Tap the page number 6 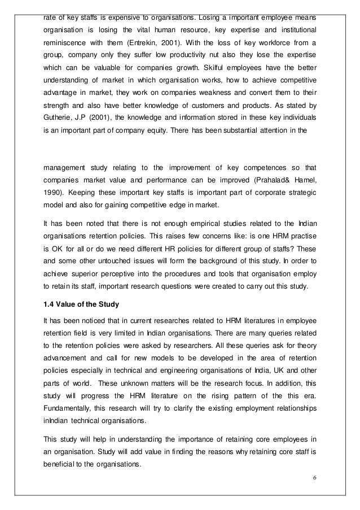click(x=314, y=481)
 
